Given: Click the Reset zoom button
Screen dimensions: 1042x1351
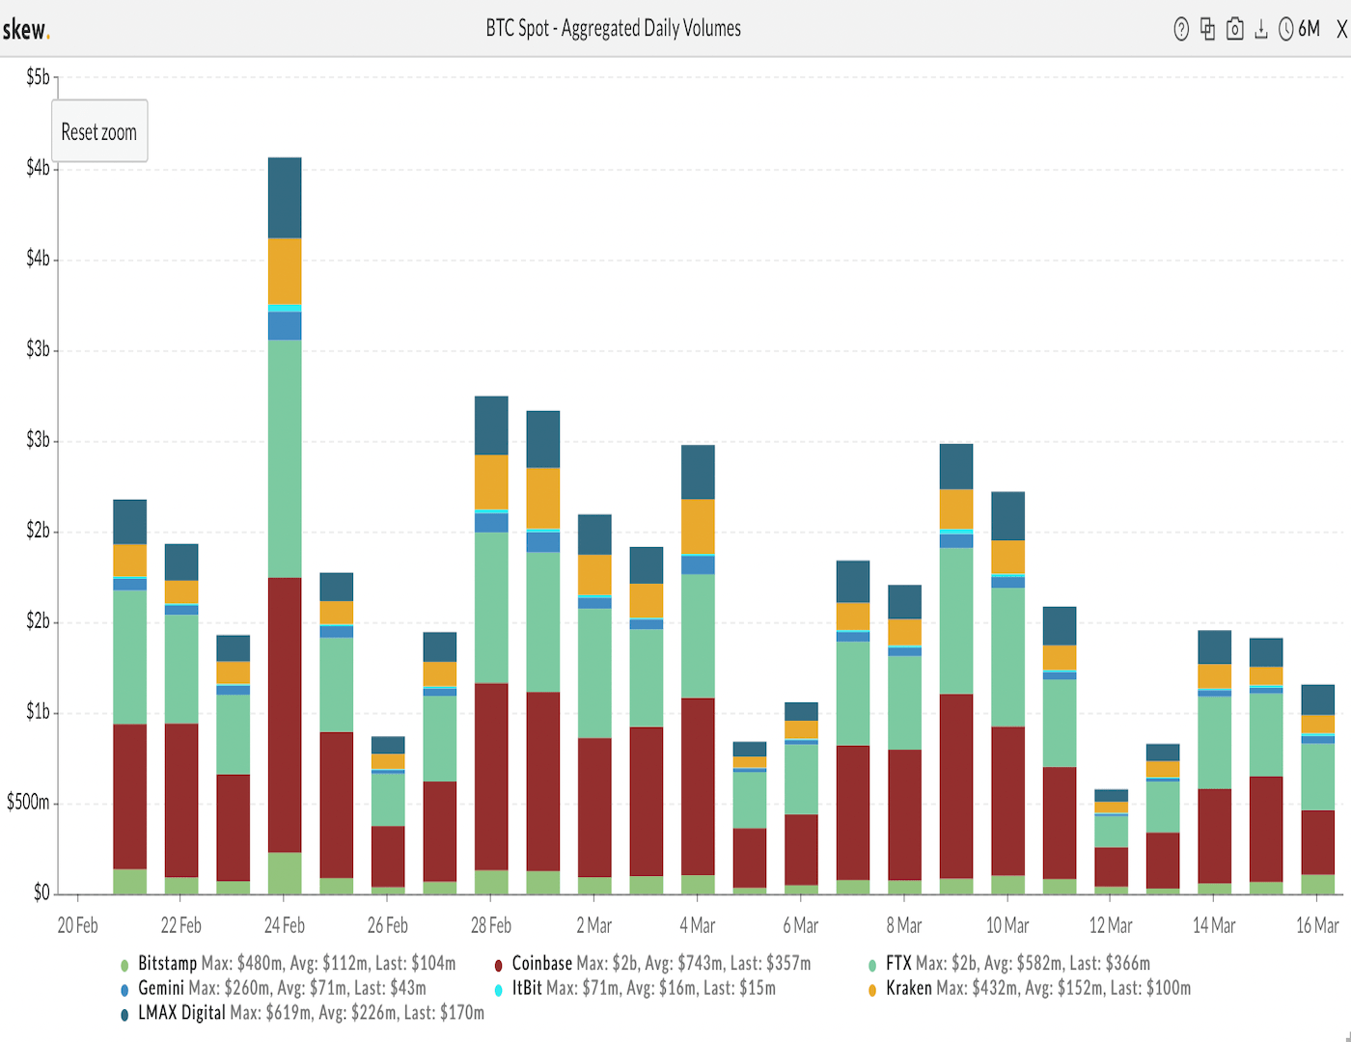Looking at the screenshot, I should point(99,131).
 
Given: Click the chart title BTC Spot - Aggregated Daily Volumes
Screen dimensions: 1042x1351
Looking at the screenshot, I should point(613,28).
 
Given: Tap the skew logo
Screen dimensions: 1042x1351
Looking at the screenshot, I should point(25,29).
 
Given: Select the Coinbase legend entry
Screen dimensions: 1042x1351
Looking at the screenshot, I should point(541,963).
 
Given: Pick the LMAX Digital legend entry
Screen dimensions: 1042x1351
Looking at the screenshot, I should point(180,1012).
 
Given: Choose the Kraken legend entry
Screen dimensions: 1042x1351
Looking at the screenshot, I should point(908,988).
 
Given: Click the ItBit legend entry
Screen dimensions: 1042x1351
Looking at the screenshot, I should point(527,988).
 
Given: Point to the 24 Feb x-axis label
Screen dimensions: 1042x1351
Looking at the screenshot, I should point(285,925).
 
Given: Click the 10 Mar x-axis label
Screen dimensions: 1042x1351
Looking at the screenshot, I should point(1007,925).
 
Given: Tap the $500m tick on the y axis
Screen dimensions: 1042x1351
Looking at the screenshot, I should point(28,802).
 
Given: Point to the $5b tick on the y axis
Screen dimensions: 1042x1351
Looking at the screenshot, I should point(38,77).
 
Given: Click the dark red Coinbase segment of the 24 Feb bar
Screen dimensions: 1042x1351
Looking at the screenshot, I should point(285,714).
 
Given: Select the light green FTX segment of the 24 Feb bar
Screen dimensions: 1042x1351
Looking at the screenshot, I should point(285,458).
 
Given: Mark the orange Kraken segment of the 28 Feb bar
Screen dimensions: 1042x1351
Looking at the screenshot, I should point(491,481).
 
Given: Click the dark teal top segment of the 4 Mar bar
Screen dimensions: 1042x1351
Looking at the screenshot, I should point(698,472).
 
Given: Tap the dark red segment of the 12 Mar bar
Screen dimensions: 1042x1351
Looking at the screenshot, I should point(1111,866).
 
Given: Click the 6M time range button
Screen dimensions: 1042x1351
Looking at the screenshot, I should point(1309,29).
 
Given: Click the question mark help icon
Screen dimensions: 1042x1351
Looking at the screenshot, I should point(1181,29).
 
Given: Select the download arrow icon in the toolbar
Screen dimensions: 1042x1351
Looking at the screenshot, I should point(1260,29).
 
